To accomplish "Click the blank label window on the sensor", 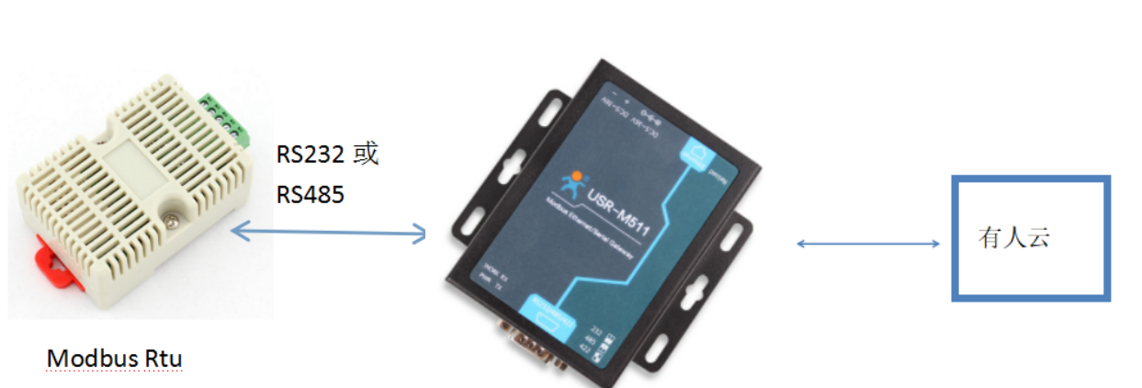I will (x=135, y=170).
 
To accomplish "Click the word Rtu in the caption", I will (x=163, y=358).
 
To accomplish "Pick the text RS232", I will (x=311, y=154).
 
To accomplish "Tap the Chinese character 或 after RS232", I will (x=366, y=154).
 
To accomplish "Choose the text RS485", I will (x=311, y=194).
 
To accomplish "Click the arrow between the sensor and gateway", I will (x=329, y=233).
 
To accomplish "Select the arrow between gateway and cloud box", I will (x=867, y=244).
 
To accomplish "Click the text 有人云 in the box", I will (x=1014, y=239).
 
